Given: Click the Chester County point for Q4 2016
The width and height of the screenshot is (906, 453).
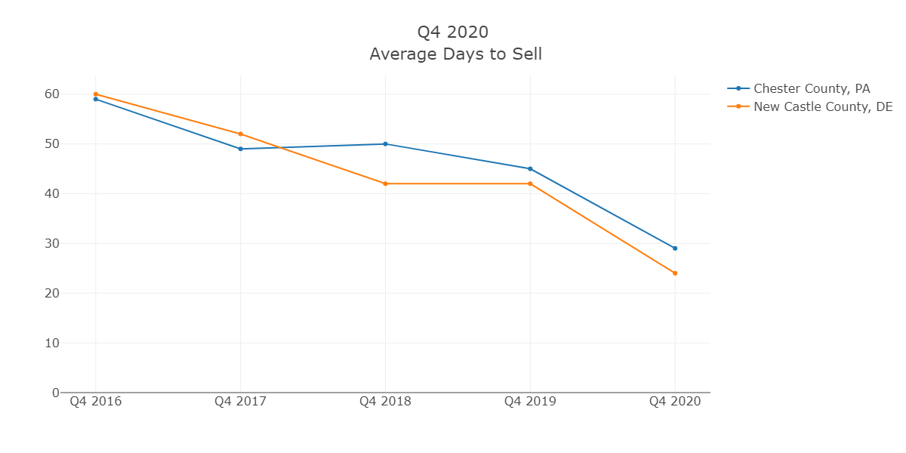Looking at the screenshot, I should [96, 99].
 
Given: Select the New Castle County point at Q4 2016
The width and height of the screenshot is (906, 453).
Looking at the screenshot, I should [96, 94].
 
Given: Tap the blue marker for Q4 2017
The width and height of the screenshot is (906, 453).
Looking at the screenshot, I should [241, 149].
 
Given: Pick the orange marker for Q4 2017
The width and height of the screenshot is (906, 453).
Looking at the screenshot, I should [241, 134].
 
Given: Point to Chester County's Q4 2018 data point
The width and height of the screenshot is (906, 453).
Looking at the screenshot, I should [385, 143].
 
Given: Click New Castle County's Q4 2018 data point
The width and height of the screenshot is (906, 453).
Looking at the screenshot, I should [385, 183].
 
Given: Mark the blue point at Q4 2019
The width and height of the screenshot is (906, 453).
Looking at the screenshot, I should [530, 168].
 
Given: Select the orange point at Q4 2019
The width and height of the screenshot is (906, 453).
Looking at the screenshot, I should [530, 183].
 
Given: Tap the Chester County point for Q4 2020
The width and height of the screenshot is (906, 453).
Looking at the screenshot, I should [675, 248].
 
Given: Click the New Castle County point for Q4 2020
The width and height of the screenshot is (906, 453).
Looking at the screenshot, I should [675, 273].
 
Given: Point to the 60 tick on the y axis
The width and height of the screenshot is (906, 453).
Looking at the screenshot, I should [51, 94].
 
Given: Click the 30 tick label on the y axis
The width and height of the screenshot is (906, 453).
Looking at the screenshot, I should [51, 243].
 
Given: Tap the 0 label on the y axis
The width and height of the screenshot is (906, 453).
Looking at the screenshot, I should [55, 393].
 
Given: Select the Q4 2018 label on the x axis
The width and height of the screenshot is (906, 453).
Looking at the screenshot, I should [385, 402].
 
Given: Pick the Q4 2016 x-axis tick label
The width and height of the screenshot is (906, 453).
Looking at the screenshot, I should [96, 402].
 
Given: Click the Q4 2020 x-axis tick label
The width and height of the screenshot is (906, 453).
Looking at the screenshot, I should [675, 402].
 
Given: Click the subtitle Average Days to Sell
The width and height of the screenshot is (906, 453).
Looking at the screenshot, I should [455, 54].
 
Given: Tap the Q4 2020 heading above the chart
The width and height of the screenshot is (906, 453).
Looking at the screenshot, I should [453, 32].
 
